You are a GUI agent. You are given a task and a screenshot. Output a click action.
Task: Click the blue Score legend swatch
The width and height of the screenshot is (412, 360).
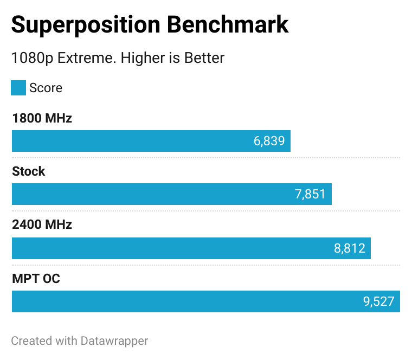pyautogui.click(x=18, y=88)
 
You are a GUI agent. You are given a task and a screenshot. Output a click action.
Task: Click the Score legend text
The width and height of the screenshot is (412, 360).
pyautogui.click(x=46, y=88)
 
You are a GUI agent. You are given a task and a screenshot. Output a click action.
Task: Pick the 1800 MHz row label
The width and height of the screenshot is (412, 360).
pyautogui.click(x=42, y=118)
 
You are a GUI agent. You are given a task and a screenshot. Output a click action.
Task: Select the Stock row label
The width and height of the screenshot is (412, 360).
pyautogui.click(x=29, y=172)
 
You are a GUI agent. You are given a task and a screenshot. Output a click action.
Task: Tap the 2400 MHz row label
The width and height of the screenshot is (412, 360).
pyautogui.click(x=42, y=225)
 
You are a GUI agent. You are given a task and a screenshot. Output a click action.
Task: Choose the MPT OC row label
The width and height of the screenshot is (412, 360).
pyautogui.click(x=36, y=279)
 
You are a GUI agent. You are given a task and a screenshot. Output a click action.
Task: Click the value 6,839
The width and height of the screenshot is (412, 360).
pyautogui.click(x=269, y=141)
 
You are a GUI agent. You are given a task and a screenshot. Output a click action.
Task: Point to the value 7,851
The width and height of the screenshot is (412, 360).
pyautogui.click(x=310, y=195)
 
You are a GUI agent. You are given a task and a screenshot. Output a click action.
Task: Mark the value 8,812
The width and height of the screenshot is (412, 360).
pyautogui.click(x=349, y=248)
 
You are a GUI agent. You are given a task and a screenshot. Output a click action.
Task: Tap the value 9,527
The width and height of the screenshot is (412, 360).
pyautogui.click(x=378, y=302)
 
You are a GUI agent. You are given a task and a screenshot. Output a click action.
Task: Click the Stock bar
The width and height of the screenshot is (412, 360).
pyautogui.click(x=152, y=195)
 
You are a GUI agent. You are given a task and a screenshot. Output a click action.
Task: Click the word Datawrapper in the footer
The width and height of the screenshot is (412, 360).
pyautogui.click(x=114, y=341)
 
